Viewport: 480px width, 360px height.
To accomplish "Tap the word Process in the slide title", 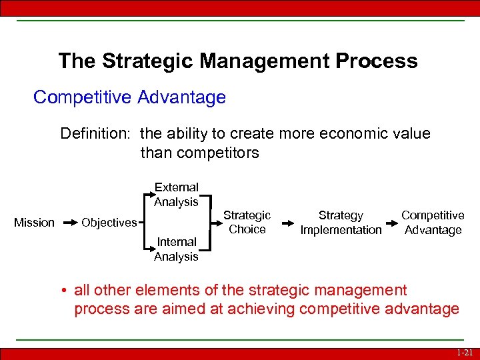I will click(377, 61).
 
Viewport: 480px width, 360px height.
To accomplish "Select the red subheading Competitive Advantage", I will click(129, 97).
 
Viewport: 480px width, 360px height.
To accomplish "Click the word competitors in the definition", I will click(199, 153).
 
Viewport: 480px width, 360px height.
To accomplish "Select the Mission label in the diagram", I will click(34, 223).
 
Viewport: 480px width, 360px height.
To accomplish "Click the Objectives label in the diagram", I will click(109, 223).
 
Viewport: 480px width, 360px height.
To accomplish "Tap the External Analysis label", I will click(176, 195).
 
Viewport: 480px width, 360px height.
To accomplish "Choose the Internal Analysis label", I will click(176, 249).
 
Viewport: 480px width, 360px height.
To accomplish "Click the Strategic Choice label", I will click(247, 223).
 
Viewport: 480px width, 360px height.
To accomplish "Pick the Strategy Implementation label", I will click(341, 223).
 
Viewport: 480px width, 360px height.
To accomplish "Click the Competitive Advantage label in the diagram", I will click(433, 223).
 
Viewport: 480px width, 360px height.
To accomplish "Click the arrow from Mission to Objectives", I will click(69, 223).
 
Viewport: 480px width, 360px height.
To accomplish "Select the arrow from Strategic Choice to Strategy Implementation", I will click(285, 223).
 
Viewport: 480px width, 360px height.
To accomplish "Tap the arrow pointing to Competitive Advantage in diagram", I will click(391, 223).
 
